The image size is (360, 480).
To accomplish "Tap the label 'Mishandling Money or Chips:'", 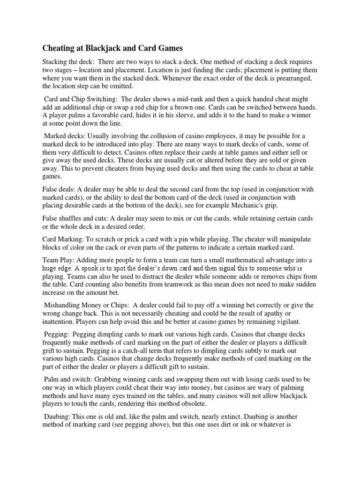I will tap(89, 305).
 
